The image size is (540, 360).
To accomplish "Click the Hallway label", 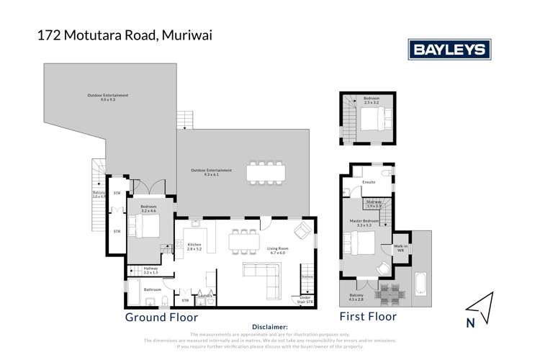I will tap(150, 271).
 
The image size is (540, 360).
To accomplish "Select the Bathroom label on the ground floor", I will tap(153, 289).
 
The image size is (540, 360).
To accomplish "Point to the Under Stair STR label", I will tap(306, 299).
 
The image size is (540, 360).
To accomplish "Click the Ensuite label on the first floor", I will tap(369, 182).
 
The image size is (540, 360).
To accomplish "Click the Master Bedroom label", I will tap(368, 222).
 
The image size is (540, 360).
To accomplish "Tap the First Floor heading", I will tap(368, 316).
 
